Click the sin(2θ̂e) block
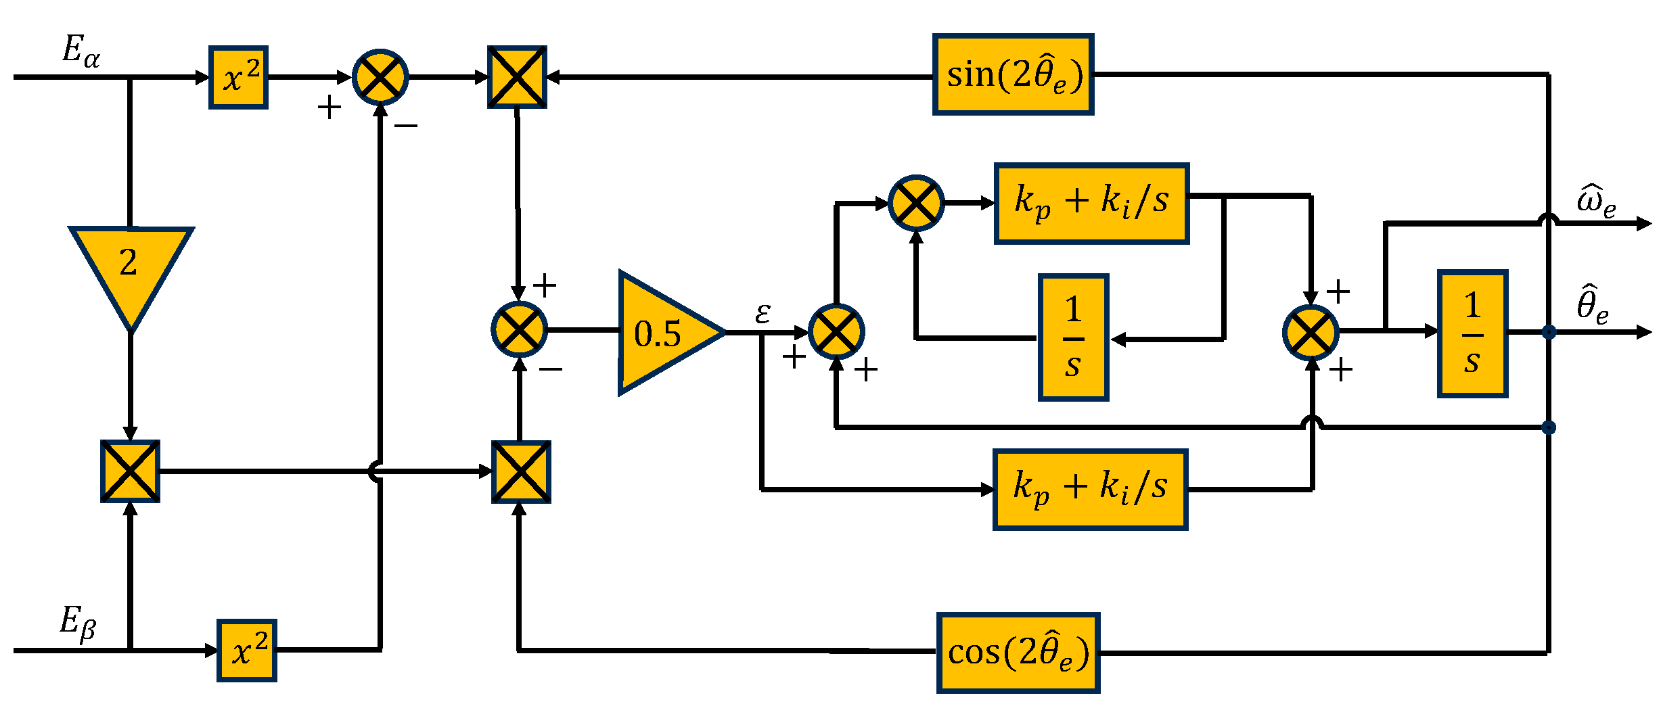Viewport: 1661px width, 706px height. coord(1013,74)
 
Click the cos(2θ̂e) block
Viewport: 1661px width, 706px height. coord(1018,653)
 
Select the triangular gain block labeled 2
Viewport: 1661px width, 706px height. coord(130,270)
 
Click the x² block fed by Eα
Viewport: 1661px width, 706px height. coord(238,78)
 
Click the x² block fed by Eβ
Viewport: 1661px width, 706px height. coord(246,651)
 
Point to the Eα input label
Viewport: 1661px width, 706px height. coord(81,51)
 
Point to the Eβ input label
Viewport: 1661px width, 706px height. coord(77,622)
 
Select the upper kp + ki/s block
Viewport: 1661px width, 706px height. coord(1091,203)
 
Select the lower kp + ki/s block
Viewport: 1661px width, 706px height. coord(1090,489)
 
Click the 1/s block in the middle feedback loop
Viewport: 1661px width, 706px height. coord(1073,337)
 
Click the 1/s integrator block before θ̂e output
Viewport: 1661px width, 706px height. coord(1472,333)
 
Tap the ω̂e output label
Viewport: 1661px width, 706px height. coord(1596,202)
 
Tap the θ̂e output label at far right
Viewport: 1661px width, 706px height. coord(1592,306)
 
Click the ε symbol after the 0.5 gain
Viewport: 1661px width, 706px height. coord(763,313)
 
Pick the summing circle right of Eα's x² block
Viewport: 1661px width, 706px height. coord(380,77)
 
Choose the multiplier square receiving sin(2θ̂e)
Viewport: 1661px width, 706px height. coord(517,77)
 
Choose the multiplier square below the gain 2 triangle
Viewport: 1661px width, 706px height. coord(130,471)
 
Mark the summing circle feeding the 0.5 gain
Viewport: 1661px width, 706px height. coord(519,330)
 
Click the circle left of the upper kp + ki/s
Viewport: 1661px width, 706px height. coord(915,203)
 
